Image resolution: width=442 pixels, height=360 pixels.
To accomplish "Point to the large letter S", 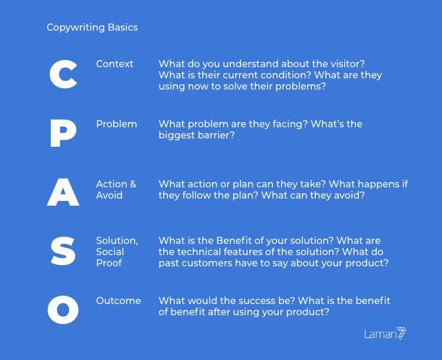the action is click(63, 251).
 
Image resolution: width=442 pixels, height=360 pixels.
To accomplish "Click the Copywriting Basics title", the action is click(92, 27).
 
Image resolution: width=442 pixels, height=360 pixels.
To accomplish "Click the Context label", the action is click(114, 64).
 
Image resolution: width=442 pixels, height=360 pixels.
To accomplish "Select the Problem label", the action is click(117, 124).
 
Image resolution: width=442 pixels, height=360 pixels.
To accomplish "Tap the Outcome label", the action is click(118, 301).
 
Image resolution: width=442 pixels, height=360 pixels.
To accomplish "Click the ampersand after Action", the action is click(133, 184).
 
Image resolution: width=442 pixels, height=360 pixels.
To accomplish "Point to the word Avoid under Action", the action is click(110, 196).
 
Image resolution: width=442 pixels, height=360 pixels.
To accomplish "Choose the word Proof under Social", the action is click(109, 263).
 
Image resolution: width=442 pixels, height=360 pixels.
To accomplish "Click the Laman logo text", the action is click(380, 334).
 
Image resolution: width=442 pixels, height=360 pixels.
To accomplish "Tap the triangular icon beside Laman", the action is click(402, 333).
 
